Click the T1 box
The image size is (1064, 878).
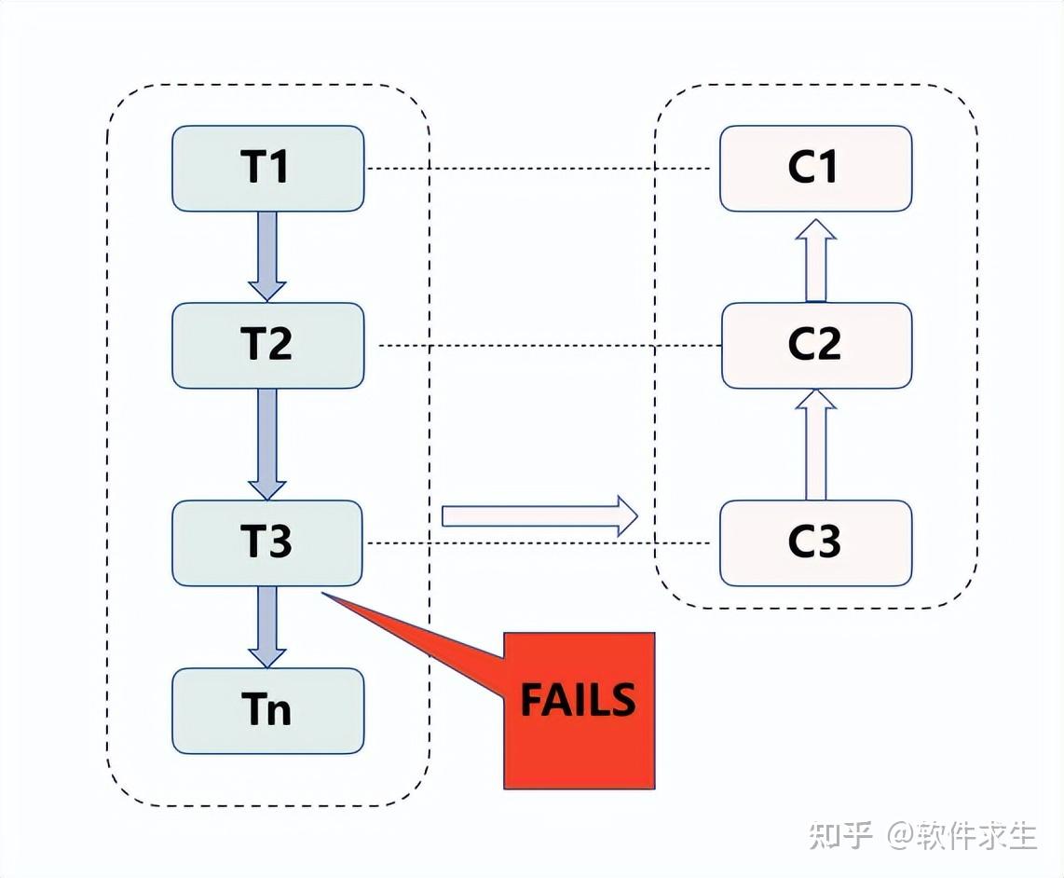click(267, 169)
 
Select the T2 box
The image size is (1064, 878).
click(267, 345)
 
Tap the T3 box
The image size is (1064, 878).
click(267, 542)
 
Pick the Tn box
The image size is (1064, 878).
click(267, 710)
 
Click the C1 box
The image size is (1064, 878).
click(815, 169)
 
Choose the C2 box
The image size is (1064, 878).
click(815, 345)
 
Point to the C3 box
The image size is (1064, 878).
click(815, 542)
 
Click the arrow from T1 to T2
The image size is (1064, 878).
click(267, 254)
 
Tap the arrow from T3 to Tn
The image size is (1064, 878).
click(267, 624)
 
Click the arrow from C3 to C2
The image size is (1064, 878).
click(816, 445)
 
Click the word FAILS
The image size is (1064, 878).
click(578, 701)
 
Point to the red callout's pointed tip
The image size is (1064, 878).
click(322, 593)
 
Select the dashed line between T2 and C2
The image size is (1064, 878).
click(550, 345)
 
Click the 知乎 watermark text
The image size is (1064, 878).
click(840, 834)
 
